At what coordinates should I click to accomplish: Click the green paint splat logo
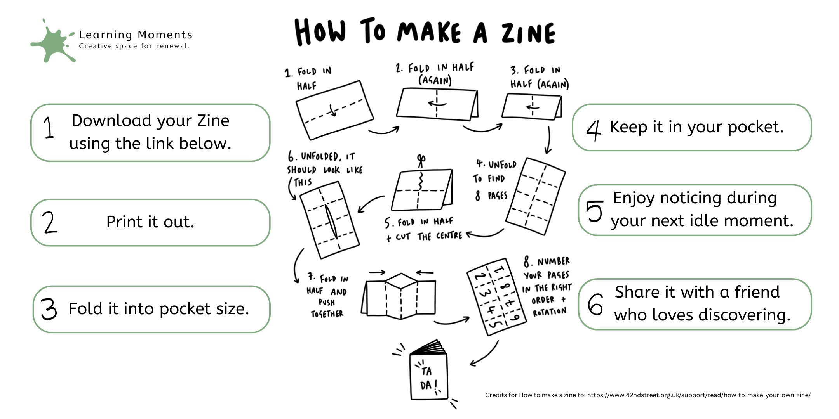53,42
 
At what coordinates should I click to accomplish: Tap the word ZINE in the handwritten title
529,33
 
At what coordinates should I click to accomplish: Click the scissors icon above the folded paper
421,160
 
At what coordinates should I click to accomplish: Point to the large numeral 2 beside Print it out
49,222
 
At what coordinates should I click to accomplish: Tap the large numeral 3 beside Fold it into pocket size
49,309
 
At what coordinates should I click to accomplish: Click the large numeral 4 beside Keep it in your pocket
594,130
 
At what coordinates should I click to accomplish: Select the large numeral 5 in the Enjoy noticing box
594,211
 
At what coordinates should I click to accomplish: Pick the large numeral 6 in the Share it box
595,304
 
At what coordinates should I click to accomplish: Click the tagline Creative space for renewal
134,46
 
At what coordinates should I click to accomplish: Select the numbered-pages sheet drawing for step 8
496,297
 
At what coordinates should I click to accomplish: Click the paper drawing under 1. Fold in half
335,110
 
